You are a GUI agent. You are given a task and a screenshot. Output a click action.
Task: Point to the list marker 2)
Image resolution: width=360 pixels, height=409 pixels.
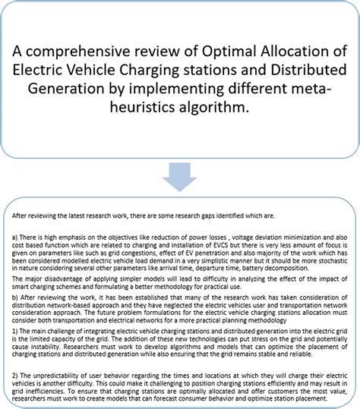14,376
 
